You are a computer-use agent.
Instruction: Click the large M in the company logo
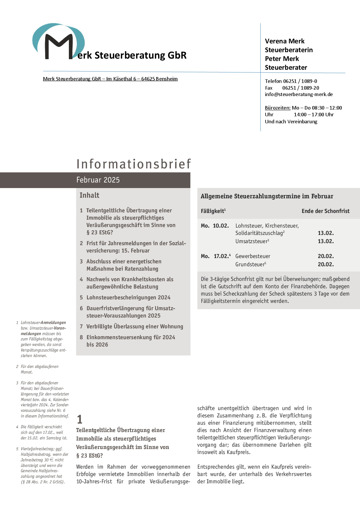point(59,47)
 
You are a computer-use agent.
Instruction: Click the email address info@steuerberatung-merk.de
point(299,94)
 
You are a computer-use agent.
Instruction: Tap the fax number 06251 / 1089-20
point(300,88)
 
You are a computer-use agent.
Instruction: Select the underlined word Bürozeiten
point(278,108)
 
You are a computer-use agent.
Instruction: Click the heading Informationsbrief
point(134,164)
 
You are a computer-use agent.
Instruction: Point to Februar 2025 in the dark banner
point(98,180)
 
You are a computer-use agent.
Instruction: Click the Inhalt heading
point(89,195)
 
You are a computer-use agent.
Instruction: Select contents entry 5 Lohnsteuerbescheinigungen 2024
point(128,298)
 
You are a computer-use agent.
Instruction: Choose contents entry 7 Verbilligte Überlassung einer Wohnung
point(135,327)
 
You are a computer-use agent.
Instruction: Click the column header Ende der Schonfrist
point(325,211)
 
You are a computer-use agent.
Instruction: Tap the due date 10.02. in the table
point(221,226)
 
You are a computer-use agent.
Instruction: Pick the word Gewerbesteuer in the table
point(253,256)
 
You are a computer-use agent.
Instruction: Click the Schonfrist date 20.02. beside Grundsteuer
point(326,264)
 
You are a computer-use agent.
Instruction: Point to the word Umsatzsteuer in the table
point(252,241)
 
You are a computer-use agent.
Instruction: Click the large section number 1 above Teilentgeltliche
point(79,419)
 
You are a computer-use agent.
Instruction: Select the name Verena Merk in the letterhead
point(285,41)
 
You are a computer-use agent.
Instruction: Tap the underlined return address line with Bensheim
point(110,79)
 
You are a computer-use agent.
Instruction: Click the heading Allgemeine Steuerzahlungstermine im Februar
point(267,196)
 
